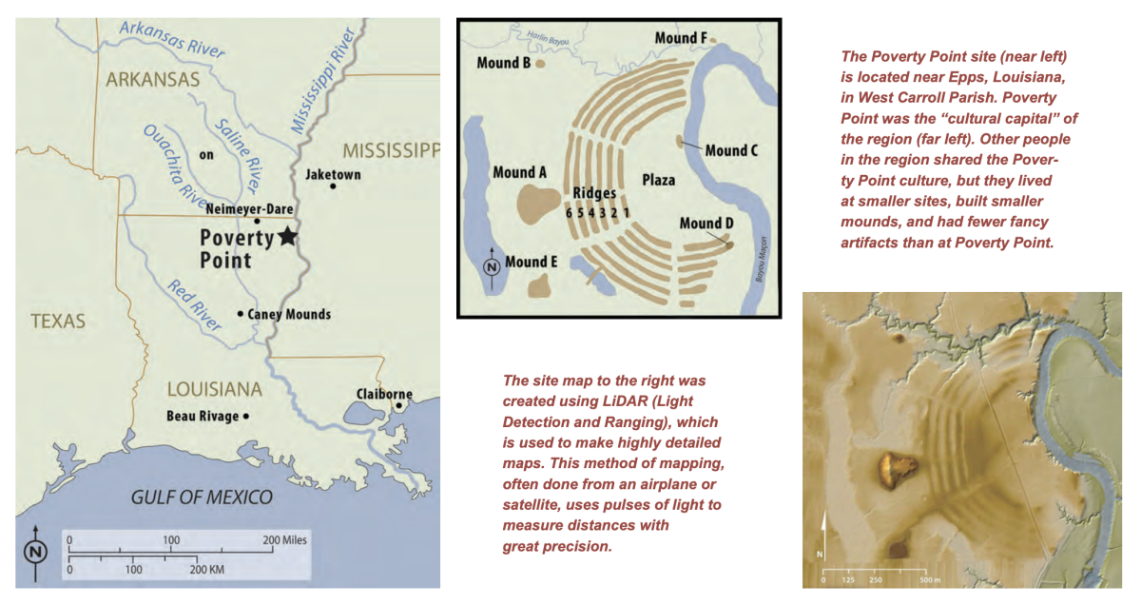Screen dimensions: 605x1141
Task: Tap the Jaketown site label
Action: pos(329,175)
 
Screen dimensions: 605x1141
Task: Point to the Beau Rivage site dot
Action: pos(246,416)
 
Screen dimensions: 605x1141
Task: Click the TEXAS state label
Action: pos(58,322)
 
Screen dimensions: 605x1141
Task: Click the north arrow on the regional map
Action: pos(36,551)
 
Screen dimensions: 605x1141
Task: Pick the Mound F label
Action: pos(681,38)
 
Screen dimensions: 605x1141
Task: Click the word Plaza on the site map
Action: pos(658,180)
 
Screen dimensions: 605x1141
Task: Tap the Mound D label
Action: pos(706,224)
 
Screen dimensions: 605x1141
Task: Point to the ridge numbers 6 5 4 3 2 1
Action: pos(599,212)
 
